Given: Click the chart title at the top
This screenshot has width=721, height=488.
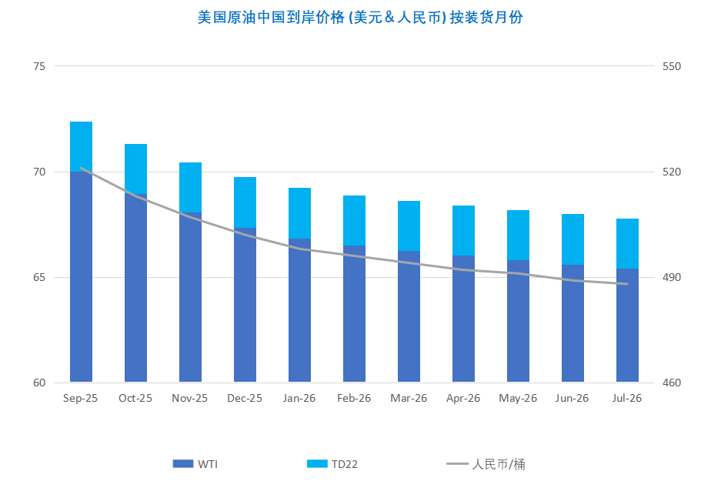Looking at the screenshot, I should click(x=360, y=17).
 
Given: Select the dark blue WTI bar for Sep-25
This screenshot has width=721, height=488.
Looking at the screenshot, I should click(x=81, y=277).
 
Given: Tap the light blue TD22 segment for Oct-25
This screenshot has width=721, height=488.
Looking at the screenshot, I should click(x=135, y=168).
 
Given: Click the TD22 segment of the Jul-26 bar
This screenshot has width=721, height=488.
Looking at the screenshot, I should click(x=627, y=243).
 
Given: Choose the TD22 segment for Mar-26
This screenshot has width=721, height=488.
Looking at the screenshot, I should click(x=409, y=226).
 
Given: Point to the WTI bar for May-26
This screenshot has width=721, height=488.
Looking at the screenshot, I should click(x=518, y=321).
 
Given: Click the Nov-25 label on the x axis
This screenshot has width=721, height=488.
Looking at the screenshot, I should click(x=190, y=398).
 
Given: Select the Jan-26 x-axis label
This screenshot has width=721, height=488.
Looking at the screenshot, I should click(x=299, y=398).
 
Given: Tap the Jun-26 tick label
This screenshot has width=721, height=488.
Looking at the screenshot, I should click(x=572, y=398).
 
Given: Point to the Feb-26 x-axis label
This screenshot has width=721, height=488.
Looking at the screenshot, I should click(x=354, y=398).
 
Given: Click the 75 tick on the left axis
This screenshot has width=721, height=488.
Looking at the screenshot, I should click(x=38, y=66).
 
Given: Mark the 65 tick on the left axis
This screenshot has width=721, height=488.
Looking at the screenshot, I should click(x=38, y=277).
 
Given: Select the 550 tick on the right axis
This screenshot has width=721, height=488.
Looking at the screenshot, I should click(x=673, y=66).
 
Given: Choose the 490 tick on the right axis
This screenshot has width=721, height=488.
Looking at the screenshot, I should click(x=673, y=277).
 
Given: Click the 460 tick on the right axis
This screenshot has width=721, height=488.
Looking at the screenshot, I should click(x=673, y=383).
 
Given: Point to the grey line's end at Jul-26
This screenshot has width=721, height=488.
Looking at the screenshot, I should click(x=627, y=284).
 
